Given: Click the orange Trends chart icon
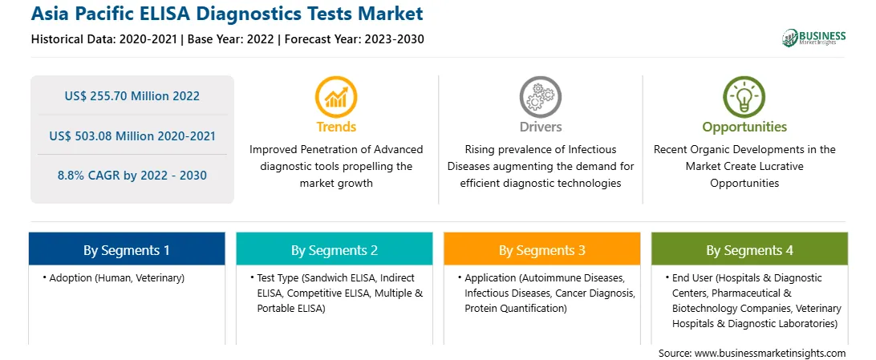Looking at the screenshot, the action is click(x=336, y=96).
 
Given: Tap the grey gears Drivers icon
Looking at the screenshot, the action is click(x=540, y=96).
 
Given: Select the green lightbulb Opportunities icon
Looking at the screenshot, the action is click(x=744, y=96).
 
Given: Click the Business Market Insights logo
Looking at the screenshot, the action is click(x=813, y=38).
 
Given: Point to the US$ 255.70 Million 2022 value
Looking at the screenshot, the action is click(x=132, y=96).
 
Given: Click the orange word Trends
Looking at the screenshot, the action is click(x=336, y=127).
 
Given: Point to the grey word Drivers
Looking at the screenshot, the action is click(x=541, y=127).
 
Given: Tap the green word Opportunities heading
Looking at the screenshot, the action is click(x=744, y=127).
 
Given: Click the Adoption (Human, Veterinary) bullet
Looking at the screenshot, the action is click(x=114, y=278).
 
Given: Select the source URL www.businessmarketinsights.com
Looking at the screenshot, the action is click(x=770, y=354).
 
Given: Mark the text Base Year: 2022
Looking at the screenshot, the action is click(x=231, y=39).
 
